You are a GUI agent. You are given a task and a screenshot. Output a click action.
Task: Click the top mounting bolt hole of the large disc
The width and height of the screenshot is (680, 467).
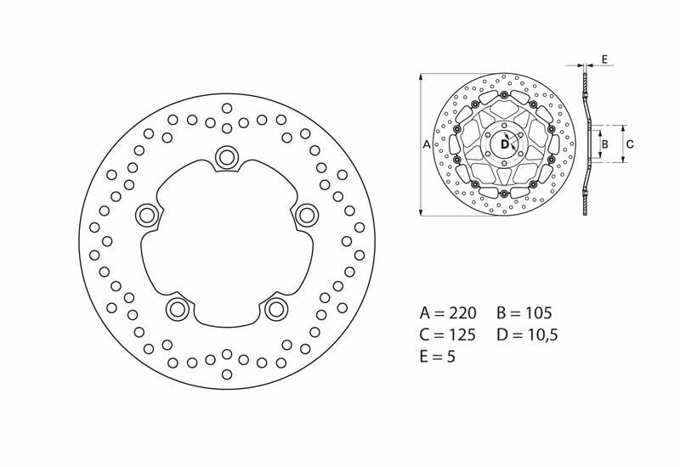[x=227, y=156]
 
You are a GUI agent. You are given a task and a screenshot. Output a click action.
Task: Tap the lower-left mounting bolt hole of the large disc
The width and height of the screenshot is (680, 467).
[x=177, y=307]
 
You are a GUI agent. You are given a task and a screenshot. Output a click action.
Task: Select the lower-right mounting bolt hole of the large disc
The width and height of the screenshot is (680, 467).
[x=275, y=309]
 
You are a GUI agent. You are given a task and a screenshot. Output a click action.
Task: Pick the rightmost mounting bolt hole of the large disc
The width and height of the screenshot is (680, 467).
[x=306, y=214]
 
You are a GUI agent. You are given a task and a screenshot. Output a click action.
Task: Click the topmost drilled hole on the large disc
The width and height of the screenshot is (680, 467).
[x=227, y=108]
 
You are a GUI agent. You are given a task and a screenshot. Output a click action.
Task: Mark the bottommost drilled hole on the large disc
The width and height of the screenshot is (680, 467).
[x=227, y=374]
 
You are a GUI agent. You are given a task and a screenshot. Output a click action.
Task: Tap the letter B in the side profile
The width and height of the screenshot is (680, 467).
[x=604, y=144]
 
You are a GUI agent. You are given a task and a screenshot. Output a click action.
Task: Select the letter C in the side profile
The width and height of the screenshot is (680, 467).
[x=629, y=144]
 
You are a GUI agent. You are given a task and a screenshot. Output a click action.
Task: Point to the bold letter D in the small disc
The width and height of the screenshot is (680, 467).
[x=504, y=144]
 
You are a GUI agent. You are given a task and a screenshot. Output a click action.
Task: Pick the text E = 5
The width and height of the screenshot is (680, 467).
[x=438, y=357]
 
